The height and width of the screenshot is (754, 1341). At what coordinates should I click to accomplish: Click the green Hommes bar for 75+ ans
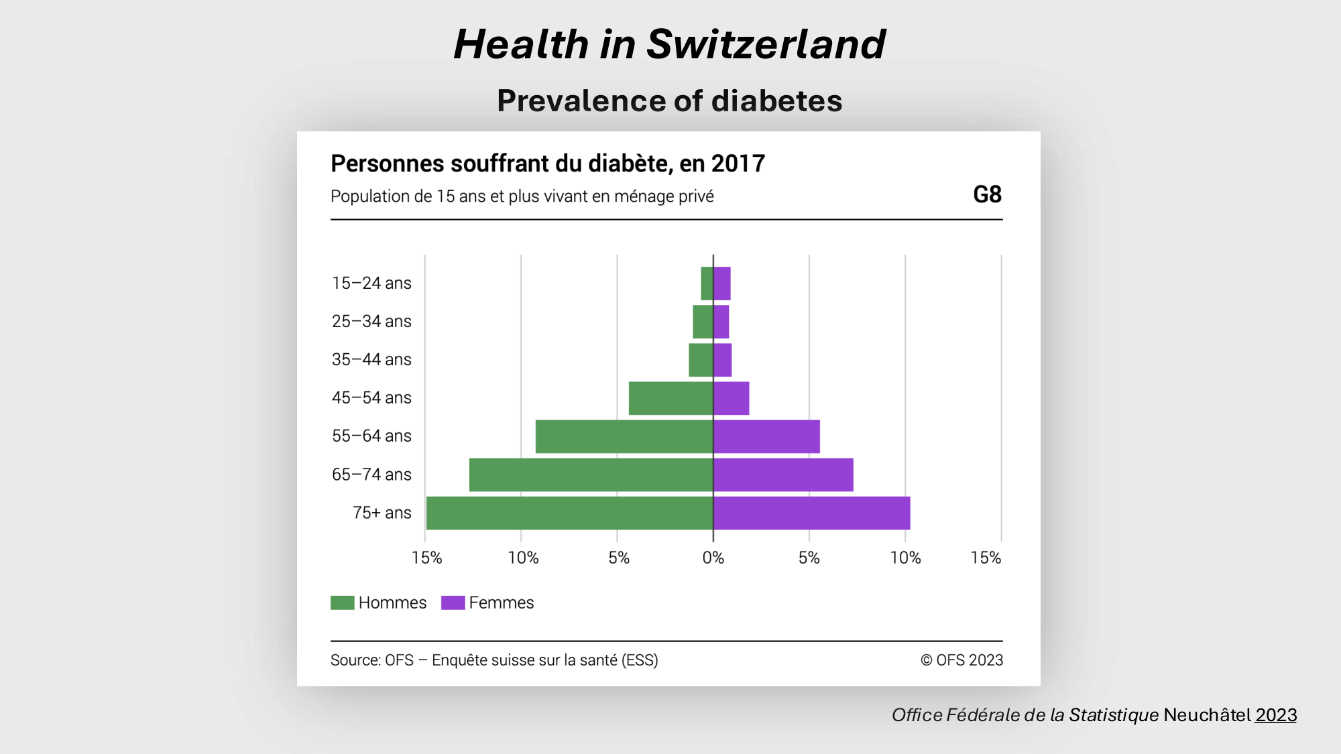(x=569, y=513)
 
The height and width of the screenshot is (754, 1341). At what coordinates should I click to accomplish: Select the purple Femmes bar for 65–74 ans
(x=783, y=475)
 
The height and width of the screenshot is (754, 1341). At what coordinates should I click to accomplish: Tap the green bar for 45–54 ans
(x=670, y=398)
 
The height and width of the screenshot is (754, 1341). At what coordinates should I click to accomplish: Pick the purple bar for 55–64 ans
(x=766, y=436)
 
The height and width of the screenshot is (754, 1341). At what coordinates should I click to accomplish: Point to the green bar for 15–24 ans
(x=707, y=284)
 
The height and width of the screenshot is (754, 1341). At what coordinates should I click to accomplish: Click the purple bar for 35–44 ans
(x=723, y=360)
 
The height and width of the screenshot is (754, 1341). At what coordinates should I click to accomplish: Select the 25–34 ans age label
(x=371, y=322)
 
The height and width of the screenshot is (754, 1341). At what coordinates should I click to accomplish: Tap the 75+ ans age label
(x=382, y=513)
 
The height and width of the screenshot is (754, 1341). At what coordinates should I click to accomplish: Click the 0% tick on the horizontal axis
(x=713, y=558)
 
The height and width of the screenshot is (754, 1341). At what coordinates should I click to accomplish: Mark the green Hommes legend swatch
(x=342, y=603)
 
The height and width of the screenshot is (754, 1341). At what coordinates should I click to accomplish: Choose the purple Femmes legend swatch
(x=453, y=603)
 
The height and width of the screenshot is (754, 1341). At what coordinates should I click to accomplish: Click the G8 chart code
(x=987, y=194)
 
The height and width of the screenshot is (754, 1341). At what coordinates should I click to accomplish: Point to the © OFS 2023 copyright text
(x=961, y=660)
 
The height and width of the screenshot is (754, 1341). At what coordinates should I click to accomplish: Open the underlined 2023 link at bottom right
(x=1275, y=715)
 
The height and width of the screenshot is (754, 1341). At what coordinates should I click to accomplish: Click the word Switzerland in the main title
(x=766, y=44)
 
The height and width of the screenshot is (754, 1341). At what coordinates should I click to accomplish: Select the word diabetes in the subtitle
(x=776, y=101)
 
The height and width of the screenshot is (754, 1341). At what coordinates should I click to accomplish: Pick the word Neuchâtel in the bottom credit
(x=1207, y=715)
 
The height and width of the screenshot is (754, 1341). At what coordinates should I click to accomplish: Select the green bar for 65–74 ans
(x=591, y=475)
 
